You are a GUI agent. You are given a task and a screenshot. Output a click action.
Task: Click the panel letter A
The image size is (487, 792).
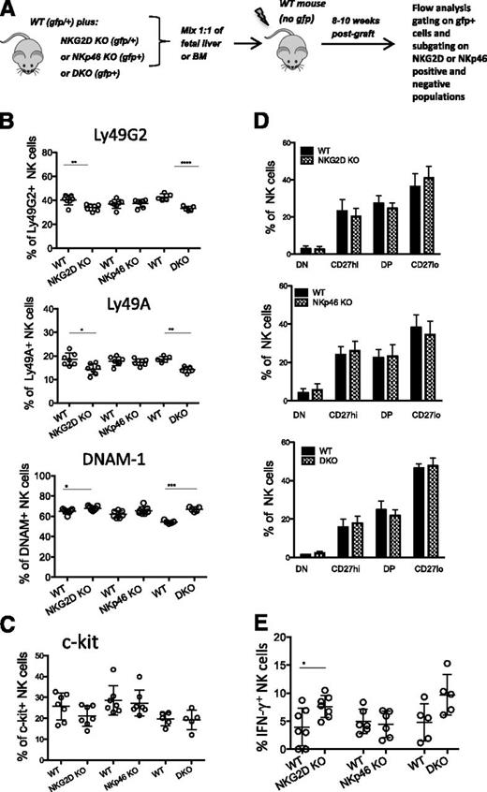click(8, 8)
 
